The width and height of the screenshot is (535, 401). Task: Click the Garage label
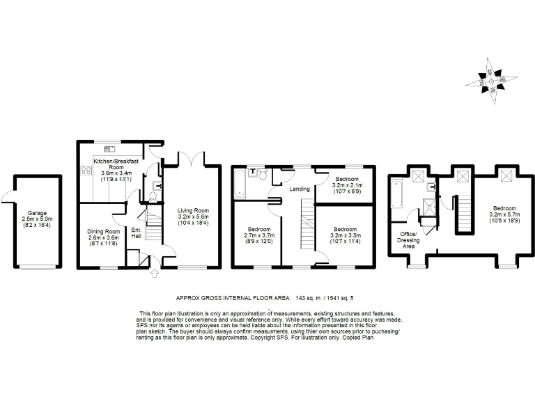[32, 213]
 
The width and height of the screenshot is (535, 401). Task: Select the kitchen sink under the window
[109, 148]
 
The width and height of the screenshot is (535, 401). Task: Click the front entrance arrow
[154, 274]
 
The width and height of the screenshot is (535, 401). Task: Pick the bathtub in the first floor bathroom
[239, 183]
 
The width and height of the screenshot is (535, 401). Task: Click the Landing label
[300, 189]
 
